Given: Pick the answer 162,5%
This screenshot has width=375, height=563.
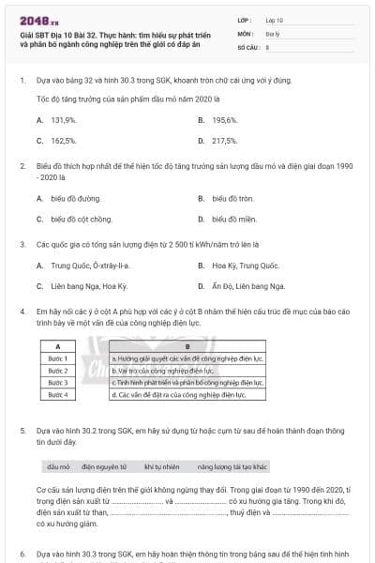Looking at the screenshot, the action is pos(64,141).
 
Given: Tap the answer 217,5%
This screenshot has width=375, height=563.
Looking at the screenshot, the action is pos(224,141).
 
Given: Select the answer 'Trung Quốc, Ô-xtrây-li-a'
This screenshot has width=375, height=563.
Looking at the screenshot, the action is pos(90,266).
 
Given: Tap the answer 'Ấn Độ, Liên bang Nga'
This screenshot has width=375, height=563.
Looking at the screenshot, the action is pos(246,286).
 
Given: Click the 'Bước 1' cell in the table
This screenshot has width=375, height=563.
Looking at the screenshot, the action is pos(58,358).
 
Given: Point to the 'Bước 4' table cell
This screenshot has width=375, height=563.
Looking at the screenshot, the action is pos(58,395).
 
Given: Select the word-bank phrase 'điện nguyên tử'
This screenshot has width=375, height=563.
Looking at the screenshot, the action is pos(104,466).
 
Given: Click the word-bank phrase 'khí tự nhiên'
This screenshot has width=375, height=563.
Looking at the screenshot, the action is pos(160,466).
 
